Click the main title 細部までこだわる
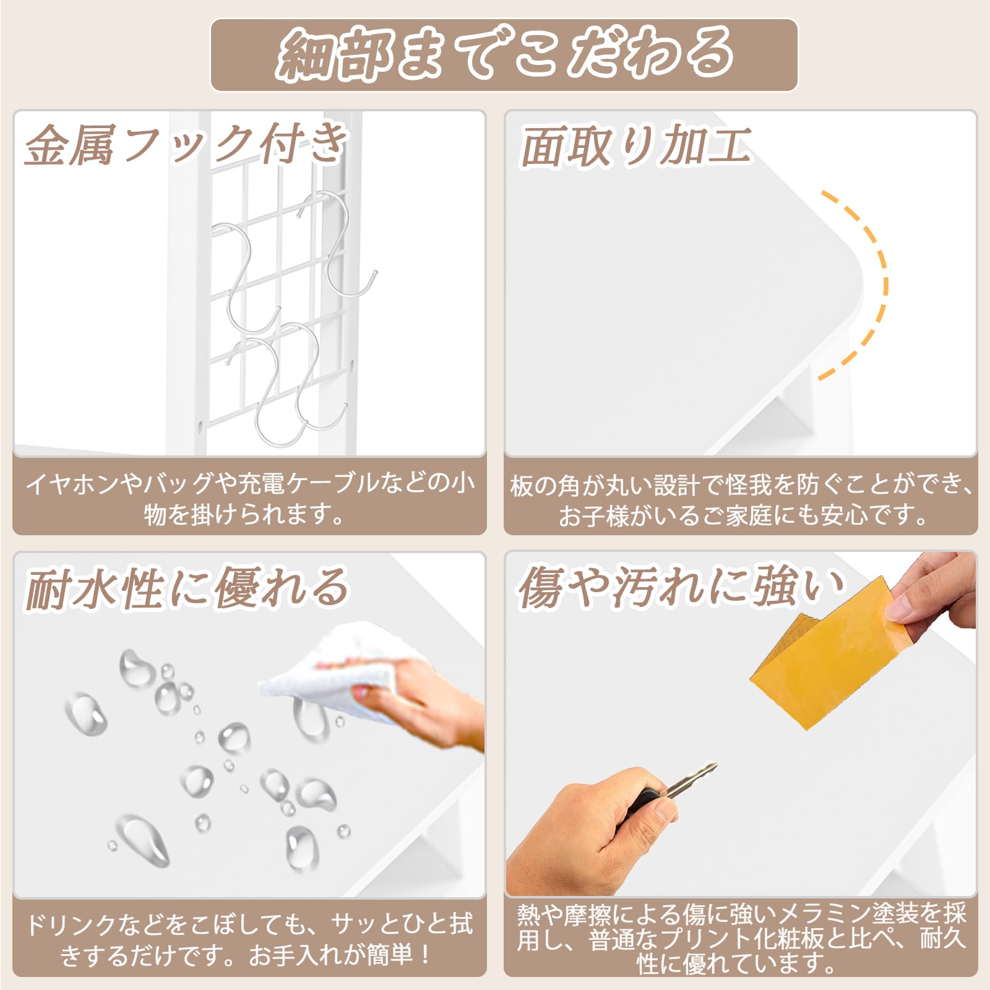pyautogui.click(x=504, y=54)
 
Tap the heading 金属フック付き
pyautogui.click(x=186, y=145)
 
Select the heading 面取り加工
pyautogui.click(x=636, y=147)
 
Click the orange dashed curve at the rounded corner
pyautogui.click(x=879, y=285)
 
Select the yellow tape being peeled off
pyautogui.click(x=823, y=662)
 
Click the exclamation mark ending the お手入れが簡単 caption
pyautogui.click(x=426, y=954)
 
